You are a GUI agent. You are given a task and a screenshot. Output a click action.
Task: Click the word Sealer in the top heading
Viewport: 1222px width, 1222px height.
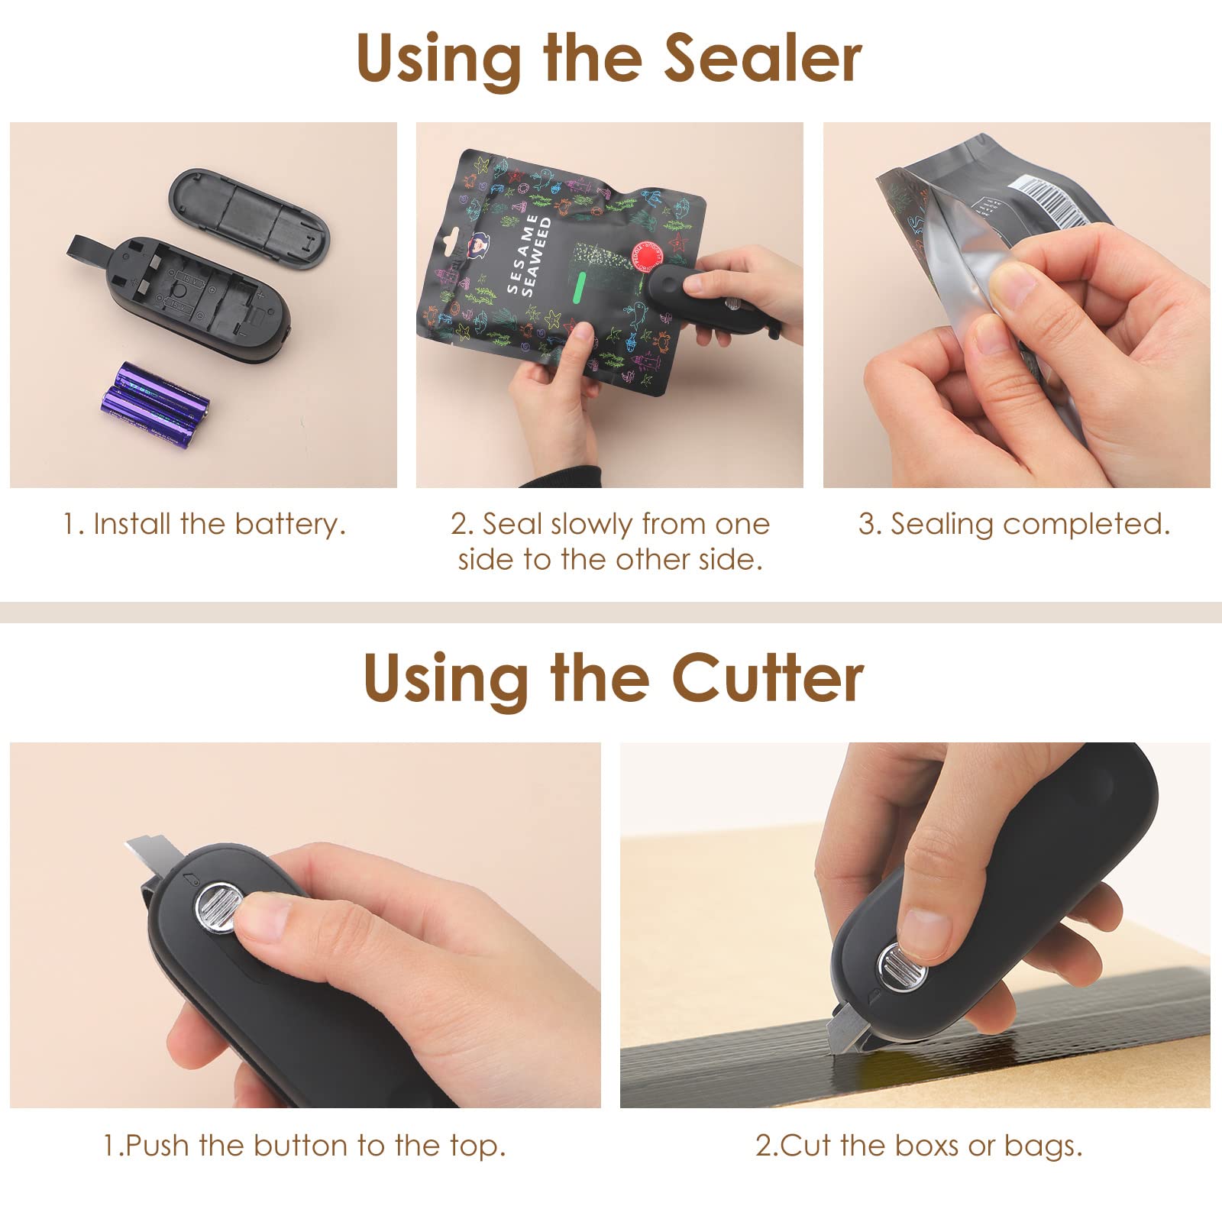pos(763,60)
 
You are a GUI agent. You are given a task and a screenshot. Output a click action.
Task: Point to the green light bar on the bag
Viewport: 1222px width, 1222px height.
pos(580,286)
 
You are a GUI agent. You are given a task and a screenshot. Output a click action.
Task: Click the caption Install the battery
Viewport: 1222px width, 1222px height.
pos(204,524)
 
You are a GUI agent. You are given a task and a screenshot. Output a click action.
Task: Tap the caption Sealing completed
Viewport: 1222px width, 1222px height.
pos(1014,524)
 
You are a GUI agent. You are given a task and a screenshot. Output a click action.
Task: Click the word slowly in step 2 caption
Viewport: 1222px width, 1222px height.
pos(591,525)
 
